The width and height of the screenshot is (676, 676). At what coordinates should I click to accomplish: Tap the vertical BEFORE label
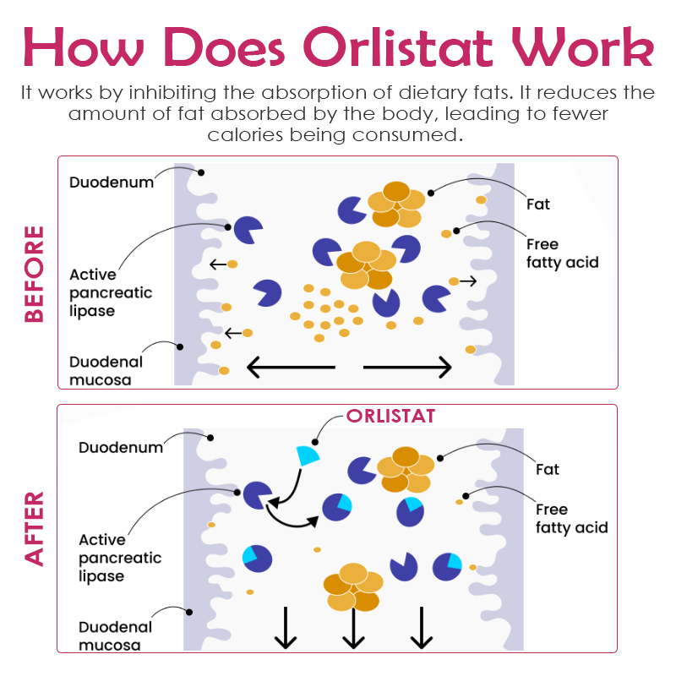click(x=34, y=274)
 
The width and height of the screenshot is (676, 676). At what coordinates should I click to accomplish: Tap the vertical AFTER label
click(x=34, y=529)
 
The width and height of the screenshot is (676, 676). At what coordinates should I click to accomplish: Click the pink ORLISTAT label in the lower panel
click(x=390, y=417)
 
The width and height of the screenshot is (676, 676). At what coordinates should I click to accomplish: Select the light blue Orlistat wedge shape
click(x=308, y=455)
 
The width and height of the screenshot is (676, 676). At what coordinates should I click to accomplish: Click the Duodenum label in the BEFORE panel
click(x=112, y=182)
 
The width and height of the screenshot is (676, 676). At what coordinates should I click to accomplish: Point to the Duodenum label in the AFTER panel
click(x=121, y=447)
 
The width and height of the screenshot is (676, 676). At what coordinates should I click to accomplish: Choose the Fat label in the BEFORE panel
click(x=538, y=204)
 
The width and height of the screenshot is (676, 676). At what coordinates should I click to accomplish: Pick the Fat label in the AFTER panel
click(x=548, y=469)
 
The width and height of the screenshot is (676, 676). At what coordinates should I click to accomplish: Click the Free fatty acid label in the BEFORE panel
click(x=562, y=253)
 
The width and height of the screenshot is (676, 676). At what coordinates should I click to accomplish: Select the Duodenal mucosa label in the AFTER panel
click(x=116, y=636)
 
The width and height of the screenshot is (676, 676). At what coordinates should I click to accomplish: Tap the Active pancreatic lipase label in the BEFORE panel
click(x=111, y=292)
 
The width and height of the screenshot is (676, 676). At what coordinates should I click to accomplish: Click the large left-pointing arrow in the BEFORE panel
click(x=290, y=367)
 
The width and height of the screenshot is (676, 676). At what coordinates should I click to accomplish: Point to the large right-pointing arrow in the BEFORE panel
click(x=408, y=367)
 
